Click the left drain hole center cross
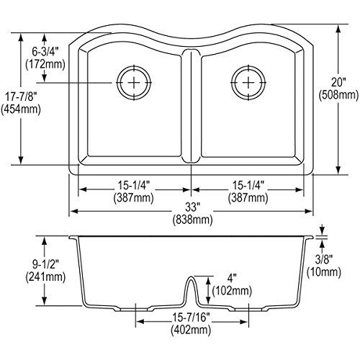point(134,83)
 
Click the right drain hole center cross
point(248,83)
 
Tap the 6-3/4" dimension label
point(45,51)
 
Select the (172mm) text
point(45,64)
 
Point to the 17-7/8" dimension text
point(21,96)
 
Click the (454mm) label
point(21,109)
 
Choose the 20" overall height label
point(338,82)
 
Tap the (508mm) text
point(338,95)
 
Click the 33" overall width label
point(192,207)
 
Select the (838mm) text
point(192,220)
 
